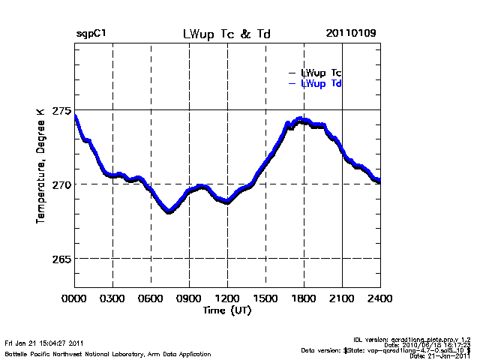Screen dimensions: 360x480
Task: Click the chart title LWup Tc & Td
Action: [226, 34]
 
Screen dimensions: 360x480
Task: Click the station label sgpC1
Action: [91, 34]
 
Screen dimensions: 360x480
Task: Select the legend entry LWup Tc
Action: [321, 73]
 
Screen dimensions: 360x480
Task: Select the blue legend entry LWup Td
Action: [321, 83]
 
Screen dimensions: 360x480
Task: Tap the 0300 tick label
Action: [112, 298]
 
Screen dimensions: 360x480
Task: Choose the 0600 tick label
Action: [151, 298]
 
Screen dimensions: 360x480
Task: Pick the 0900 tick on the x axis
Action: [189, 298]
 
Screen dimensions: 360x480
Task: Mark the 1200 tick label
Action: [227, 298]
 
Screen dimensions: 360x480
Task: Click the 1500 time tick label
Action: [265, 298]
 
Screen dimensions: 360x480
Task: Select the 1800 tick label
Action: [304, 298]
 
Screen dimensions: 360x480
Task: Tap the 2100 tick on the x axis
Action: [342, 298]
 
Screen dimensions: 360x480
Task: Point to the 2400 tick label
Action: [379, 298]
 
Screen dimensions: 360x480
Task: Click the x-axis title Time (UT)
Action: [226, 310]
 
